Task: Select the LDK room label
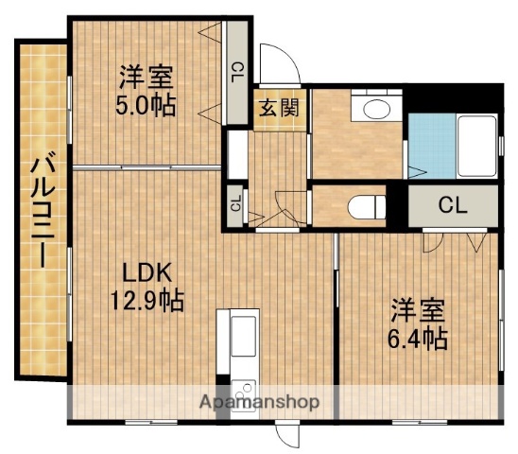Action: pyautogui.click(x=143, y=273)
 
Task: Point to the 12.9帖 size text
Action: pyautogui.click(x=144, y=302)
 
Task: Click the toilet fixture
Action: pyautogui.click(x=365, y=205)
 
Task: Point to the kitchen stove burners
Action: pyautogui.click(x=244, y=387)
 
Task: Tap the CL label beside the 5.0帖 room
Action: pyautogui.click(x=236, y=72)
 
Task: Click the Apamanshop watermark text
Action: pyautogui.click(x=258, y=402)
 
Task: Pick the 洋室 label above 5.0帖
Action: pyautogui.click(x=144, y=76)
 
